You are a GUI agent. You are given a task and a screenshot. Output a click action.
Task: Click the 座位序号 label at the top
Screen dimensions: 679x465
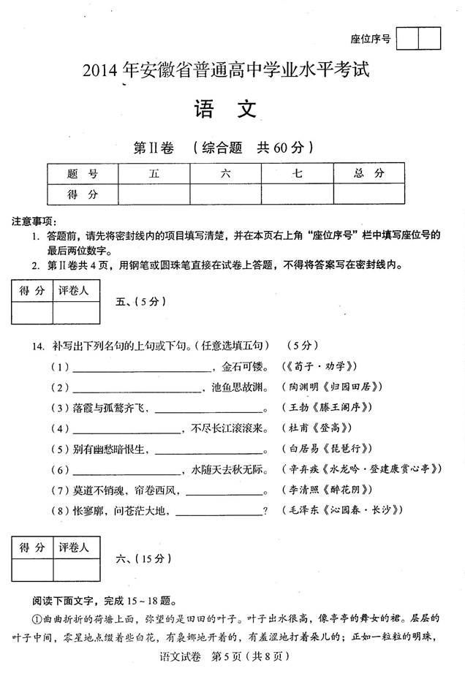371,39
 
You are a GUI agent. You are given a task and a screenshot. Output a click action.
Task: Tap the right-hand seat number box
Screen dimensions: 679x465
430,38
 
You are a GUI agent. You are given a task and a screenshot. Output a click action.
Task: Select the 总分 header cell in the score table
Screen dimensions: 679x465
368,173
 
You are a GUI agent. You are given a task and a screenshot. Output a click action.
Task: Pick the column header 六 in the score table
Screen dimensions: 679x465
225,173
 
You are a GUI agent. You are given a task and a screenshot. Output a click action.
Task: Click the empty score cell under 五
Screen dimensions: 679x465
154,194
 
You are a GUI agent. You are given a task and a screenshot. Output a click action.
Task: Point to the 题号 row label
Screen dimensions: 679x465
82,173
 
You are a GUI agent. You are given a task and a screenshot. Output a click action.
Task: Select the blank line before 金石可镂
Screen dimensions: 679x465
140,368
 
